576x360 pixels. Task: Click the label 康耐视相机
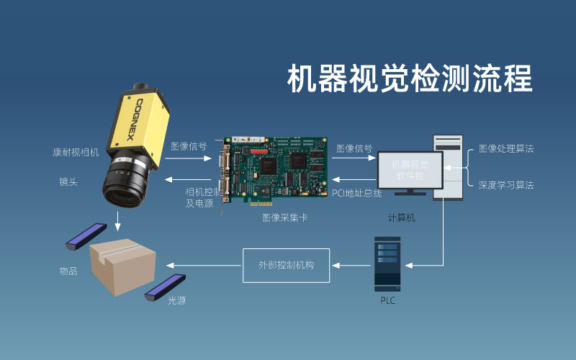click(76, 153)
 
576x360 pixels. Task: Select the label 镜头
click(68, 182)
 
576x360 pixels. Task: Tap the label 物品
click(68, 271)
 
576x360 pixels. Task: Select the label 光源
click(176, 300)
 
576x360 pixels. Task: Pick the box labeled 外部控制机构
click(287, 264)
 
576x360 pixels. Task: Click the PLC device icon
click(387, 262)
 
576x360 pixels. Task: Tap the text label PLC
click(387, 300)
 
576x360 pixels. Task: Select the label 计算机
click(402, 217)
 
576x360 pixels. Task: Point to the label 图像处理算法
click(506, 149)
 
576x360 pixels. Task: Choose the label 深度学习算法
click(506, 185)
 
